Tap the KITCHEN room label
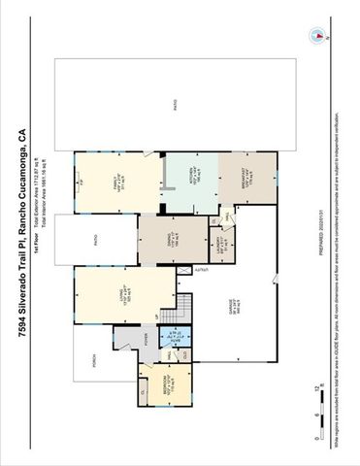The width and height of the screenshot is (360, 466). pyautogui.click(x=191, y=178)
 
